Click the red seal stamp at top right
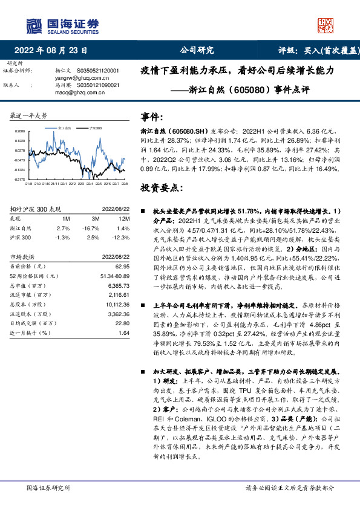point(326,25)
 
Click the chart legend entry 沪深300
point(95,129)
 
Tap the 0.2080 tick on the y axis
point(20,131)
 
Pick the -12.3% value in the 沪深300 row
point(122,238)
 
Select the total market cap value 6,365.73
point(119,285)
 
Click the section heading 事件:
point(152,117)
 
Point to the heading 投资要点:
point(161,188)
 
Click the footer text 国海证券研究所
point(48,487)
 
